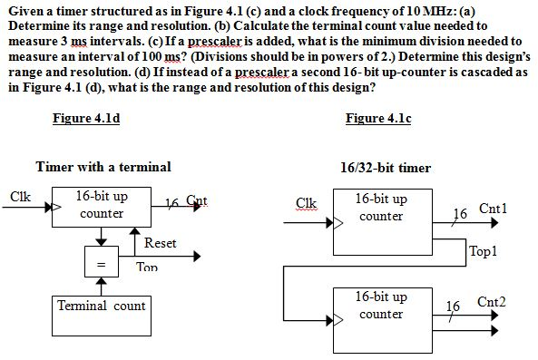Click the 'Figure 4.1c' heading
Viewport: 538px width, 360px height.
[x=378, y=119]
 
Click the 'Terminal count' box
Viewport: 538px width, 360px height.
[x=102, y=306]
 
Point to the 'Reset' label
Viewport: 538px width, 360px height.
[x=160, y=243]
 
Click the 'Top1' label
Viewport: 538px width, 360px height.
[x=484, y=251]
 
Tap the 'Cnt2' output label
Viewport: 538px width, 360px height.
[x=492, y=301]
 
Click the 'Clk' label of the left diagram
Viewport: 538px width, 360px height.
[x=20, y=194]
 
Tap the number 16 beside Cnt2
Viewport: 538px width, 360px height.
[x=459, y=306]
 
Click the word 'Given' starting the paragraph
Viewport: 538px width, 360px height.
[x=24, y=10]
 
